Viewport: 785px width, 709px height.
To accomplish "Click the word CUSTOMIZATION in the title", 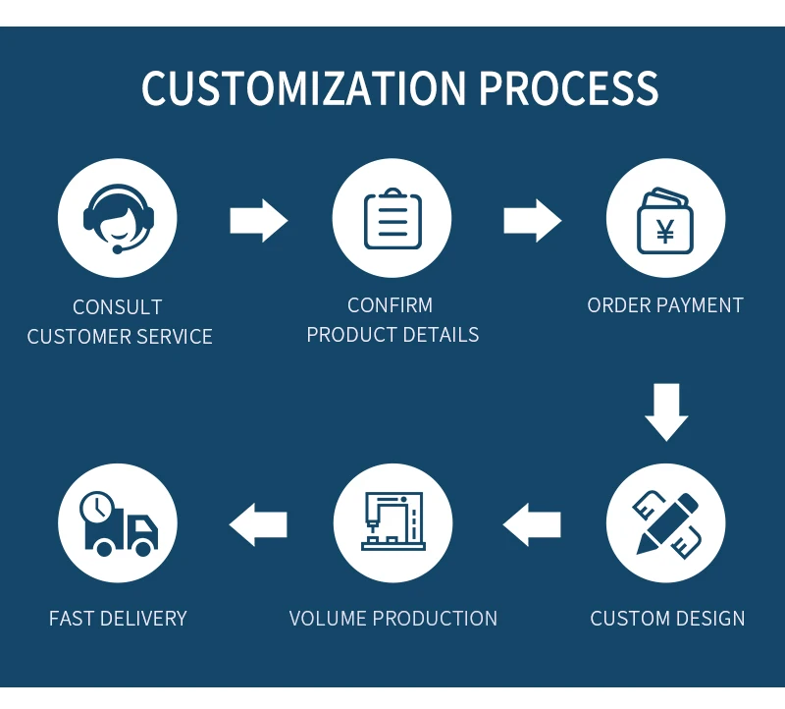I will tap(304, 88).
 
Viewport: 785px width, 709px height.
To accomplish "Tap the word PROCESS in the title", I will tap(569, 88).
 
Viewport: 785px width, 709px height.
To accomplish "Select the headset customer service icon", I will tap(118, 218).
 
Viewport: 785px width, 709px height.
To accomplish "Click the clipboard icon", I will tap(392, 218).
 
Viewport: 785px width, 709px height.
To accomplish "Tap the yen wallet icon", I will tap(665, 218).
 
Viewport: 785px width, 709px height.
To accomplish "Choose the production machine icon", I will tap(392, 523).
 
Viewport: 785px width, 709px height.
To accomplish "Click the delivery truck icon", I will tap(118, 523).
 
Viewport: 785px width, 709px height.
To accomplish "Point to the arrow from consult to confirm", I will tap(258, 220).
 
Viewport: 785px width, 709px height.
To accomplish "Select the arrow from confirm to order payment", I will tap(532, 220).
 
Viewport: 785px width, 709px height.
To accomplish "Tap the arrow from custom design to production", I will tap(533, 524).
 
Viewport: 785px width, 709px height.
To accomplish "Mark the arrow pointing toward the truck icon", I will tap(258, 524).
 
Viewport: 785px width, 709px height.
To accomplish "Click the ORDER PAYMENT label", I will tap(665, 305).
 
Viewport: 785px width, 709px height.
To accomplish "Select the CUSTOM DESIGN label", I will tap(667, 619).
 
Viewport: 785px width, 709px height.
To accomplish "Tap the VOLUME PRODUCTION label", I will tap(392, 619).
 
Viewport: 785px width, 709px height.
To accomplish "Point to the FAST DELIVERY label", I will tap(118, 619).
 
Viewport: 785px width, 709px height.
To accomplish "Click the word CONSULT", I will tap(118, 307).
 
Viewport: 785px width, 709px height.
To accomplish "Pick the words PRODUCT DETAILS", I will tap(392, 335).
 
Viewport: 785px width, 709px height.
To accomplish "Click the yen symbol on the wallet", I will tap(665, 233).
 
